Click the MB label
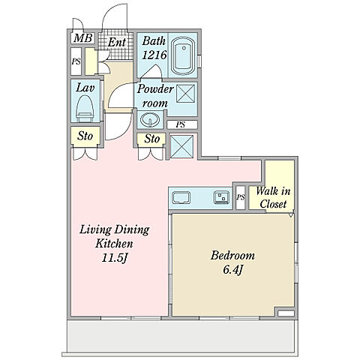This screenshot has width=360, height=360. click(83, 38)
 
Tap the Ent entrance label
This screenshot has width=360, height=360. click(116, 42)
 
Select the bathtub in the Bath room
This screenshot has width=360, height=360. click(184, 55)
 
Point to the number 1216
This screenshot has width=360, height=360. click(154, 55)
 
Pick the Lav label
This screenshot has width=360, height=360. click(85, 88)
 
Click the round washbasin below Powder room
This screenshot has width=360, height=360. click(150, 119)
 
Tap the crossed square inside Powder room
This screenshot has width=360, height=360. click(185, 93)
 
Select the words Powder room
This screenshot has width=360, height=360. click(155, 96)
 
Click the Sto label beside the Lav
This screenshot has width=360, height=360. click(85, 136)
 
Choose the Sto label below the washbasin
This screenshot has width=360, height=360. click(151, 139)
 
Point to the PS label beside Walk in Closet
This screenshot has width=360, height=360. click(241, 197)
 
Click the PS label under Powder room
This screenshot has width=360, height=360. click(180, 124)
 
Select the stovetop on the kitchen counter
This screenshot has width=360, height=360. click(221, 196)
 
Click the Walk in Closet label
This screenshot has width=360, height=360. click(273, 198)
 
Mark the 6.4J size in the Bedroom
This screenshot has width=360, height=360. click(232, 270)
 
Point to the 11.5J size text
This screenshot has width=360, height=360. click(115, 258)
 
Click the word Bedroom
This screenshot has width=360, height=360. click(232, 256)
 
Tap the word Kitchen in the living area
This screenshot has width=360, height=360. click(114, 244)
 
